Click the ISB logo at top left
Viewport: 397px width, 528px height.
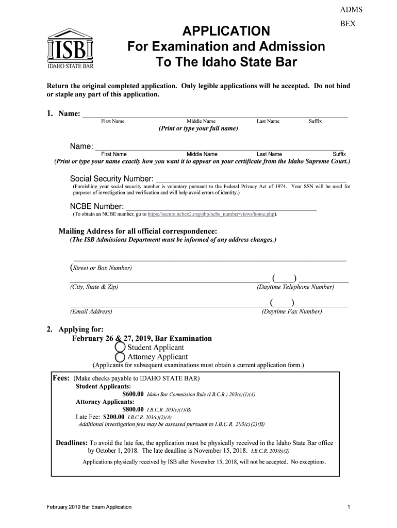(71, 49)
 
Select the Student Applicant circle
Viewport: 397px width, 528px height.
(120, 348)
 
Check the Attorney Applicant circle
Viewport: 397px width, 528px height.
(120, 357)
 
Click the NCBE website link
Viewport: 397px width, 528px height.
(211, 214)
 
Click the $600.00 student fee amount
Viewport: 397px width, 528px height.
(133, 394)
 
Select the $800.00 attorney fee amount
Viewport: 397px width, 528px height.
(133, 409)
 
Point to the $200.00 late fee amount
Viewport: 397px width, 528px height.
(114, 417)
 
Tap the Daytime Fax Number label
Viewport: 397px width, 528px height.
(292, 311)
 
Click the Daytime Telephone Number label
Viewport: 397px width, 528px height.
(295, 287)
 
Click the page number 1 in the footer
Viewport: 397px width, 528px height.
(349, 507)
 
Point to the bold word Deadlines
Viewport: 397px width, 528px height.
(71, 443)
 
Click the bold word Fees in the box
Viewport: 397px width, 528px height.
(62, 378)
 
